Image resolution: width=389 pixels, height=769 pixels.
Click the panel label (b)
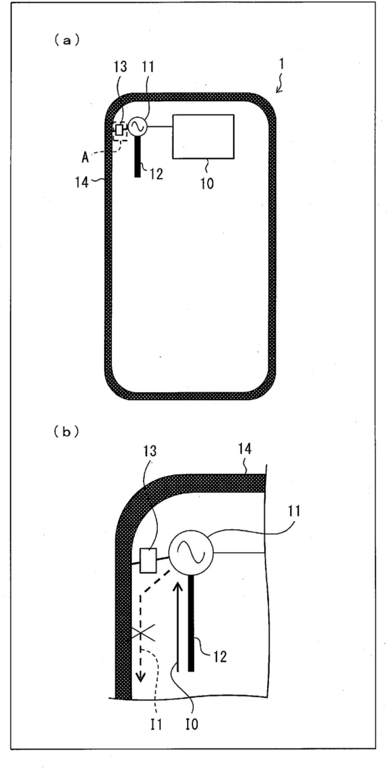pos(66,433)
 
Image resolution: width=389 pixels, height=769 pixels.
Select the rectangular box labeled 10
pos(203,136)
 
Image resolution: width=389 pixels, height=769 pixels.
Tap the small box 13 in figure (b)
pos(148,560)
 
